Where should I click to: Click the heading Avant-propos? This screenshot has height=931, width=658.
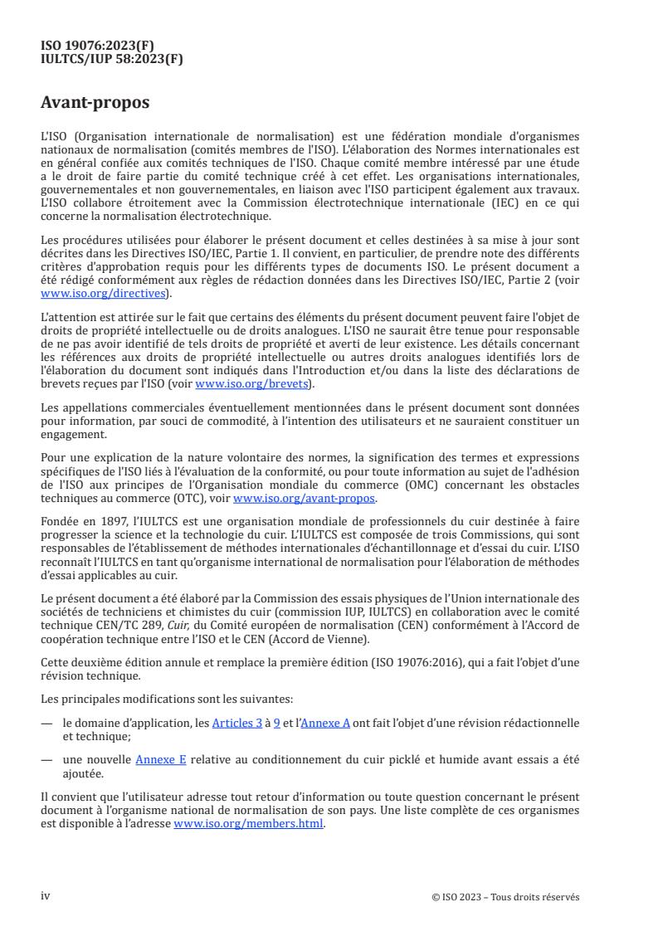(95, 103)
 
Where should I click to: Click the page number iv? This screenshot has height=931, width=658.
(46, 896)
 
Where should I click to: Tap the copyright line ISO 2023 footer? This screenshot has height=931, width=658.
(505, 897)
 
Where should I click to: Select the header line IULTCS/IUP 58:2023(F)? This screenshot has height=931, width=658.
(112, 58)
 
